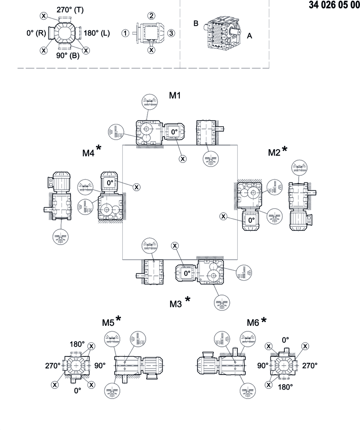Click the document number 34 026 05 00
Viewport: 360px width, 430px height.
334,5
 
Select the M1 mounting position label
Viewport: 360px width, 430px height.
175,95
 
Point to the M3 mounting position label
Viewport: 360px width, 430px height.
176,303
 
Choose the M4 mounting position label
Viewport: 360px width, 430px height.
88,153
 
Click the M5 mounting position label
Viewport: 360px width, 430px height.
108,322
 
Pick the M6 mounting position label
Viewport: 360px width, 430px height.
253,322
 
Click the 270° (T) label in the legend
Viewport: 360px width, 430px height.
70,10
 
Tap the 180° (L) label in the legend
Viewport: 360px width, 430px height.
97,33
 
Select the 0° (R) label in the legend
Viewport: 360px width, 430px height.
36,33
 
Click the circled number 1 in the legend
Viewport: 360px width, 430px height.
125,33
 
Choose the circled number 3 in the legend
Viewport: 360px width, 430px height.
171,33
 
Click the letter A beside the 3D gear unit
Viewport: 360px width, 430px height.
250,36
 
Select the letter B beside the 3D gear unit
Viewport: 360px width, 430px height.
196,24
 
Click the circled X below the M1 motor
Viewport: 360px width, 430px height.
183,158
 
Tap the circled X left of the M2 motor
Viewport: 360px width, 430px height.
223,216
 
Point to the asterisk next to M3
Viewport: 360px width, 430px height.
187,299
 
